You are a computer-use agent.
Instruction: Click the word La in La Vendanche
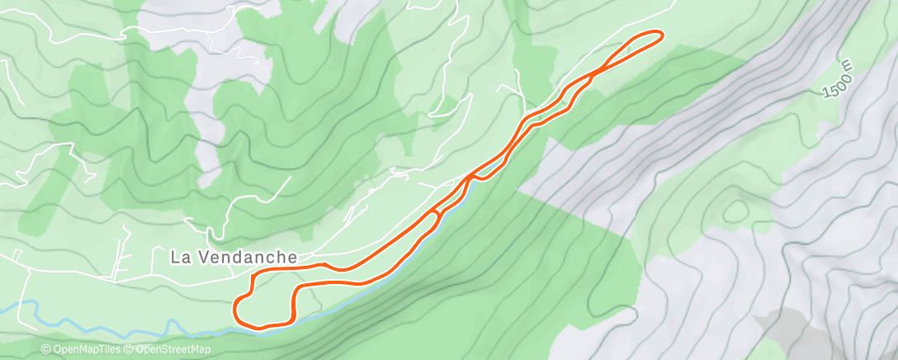tap(181, 258)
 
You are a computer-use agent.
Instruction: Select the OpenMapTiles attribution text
tap(86, 350)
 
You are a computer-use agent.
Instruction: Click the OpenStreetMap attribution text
tap(173, 350)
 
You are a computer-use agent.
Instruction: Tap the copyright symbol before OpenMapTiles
tap(45, 350)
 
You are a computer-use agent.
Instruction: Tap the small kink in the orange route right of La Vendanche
tap(328, 265)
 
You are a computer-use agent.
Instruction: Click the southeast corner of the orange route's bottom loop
tap(292, 320)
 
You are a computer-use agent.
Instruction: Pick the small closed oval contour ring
tap(732, 211)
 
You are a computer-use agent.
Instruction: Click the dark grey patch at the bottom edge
tap(784, 330)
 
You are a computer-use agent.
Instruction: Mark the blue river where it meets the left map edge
tap(3, 306)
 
